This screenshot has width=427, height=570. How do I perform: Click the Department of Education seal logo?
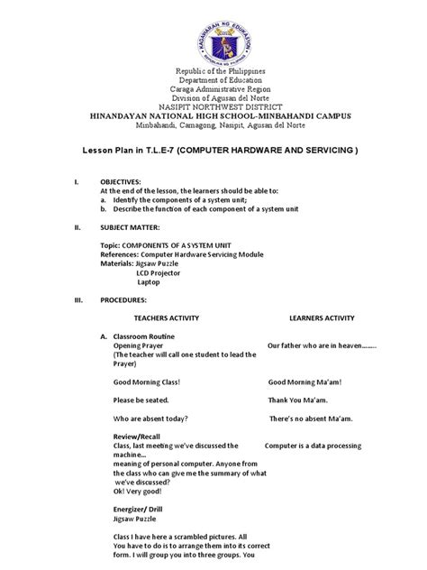tap(213, 35)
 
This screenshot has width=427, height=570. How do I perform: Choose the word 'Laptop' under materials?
tap(149, 281)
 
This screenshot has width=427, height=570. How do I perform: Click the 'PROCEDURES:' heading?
tap(125, 299)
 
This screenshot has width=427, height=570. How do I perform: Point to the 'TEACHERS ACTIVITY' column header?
tap(166, 318)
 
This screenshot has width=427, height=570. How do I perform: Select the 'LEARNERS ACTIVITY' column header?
tap(322, 318)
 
